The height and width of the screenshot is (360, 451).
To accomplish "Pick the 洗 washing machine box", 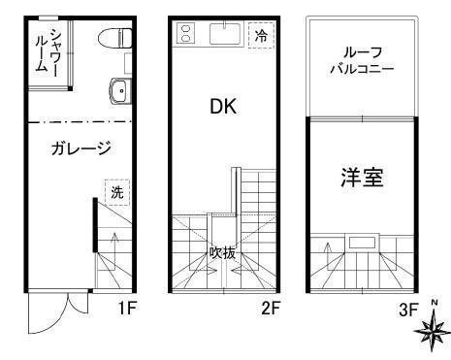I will point(117,192).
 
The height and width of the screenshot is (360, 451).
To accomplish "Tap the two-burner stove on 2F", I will point(185,36).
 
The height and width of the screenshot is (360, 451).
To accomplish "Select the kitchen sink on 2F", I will point(222,36).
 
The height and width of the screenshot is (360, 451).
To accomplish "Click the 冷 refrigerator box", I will point(261,35).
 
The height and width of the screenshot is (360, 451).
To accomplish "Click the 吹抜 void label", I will point(223,252).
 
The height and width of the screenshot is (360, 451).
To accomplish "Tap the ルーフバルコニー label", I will point(360,61).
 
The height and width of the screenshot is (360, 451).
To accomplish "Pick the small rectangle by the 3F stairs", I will point(364,242).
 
